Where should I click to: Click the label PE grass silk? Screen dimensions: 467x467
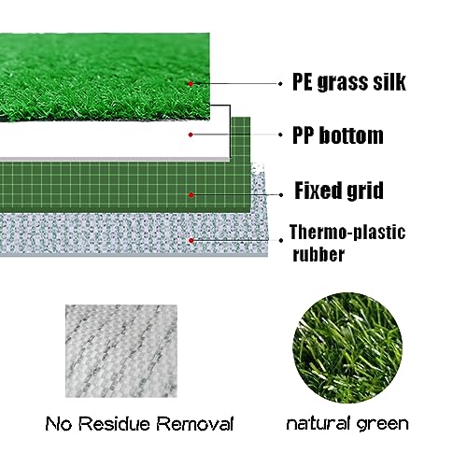[x=349, y=82]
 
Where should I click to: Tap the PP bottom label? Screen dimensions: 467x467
[x=338, y=135]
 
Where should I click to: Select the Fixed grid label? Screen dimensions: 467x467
[x=339, y=191]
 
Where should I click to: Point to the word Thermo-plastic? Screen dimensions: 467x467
[x=347, y=233]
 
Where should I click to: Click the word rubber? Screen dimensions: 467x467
[x=318, y=254]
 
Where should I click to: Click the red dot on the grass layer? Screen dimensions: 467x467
[x=191, y=83]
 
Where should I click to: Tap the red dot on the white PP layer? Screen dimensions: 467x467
[x=191, y=134]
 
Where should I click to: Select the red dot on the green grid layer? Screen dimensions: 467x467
[x=191, y=195]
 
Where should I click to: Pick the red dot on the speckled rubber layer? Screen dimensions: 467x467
[x=191, y=240]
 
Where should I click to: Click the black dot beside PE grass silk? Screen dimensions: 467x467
[x=280, y=84]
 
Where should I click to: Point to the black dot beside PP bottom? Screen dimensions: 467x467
[x=280, y=134]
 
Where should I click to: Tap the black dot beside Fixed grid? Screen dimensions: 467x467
[x=281, y=195]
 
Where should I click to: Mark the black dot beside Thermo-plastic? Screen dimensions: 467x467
[x=281, y=241]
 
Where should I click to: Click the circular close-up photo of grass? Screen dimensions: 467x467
[x=347, y=347]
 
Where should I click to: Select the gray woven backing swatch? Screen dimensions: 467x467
[x=121, y=351]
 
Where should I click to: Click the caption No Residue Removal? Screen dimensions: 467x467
[x=139, y=424]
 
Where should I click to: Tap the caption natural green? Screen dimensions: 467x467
[x=347, y=424]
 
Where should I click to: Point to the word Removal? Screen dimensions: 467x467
[x=195, y=424]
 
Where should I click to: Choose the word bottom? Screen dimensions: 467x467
[x=351, y=135]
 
